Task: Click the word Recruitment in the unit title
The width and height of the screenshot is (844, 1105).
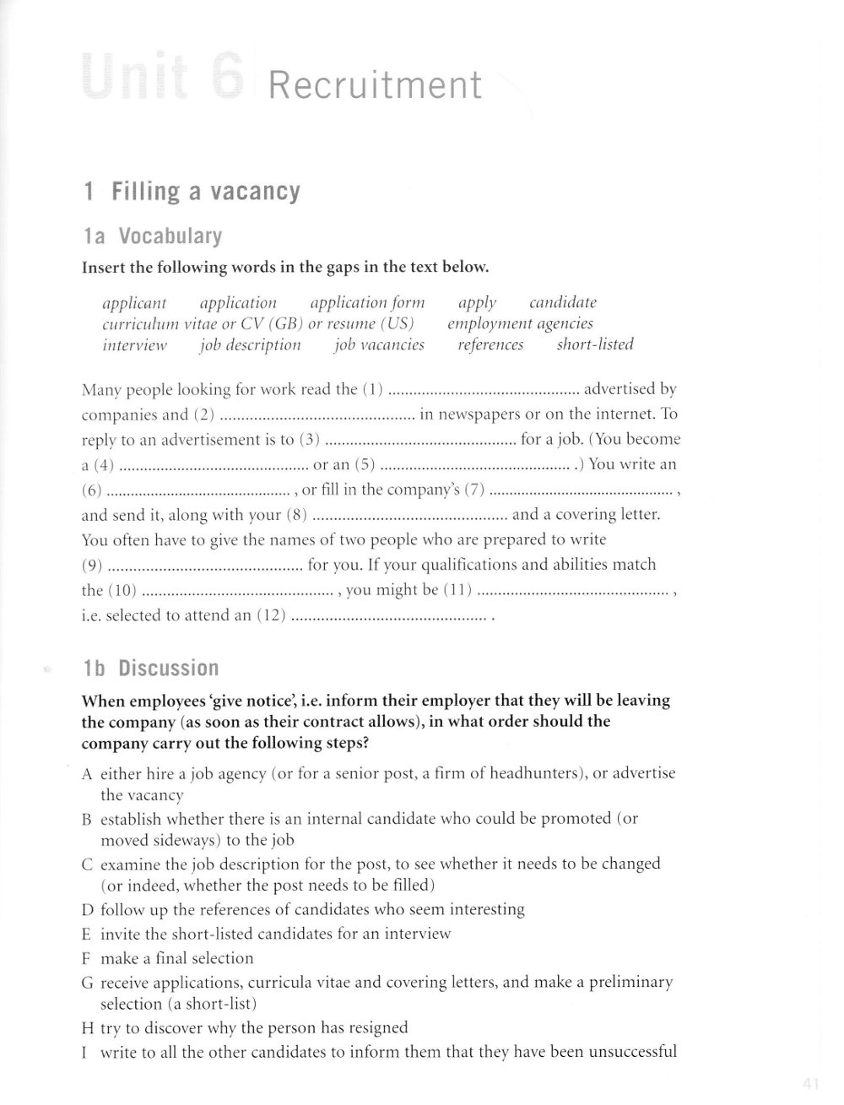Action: coord(375,86)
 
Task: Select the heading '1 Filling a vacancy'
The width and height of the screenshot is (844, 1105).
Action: coord(192,192)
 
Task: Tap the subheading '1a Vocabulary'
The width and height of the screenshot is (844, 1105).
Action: coord(153,236)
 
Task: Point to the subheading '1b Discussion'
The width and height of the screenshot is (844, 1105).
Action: coord(151,669)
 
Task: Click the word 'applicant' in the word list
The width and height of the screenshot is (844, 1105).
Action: coord(134,303)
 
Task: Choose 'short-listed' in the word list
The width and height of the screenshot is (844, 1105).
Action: coord(595,344)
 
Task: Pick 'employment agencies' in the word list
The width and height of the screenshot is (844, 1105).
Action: coord(520,323)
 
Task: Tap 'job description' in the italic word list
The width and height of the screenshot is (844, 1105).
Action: coord(250,344)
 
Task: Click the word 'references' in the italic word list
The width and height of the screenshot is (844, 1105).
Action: coord(490,344)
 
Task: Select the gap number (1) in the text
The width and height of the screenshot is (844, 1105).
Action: coord(373,390)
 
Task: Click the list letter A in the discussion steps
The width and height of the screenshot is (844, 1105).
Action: coord(87,773)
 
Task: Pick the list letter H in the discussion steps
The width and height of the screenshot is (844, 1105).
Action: coord(87,1028)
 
